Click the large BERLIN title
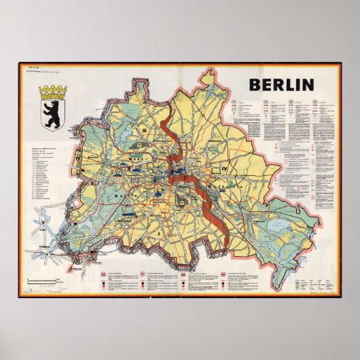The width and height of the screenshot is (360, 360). pyautogui.click(x=281, y=85)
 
